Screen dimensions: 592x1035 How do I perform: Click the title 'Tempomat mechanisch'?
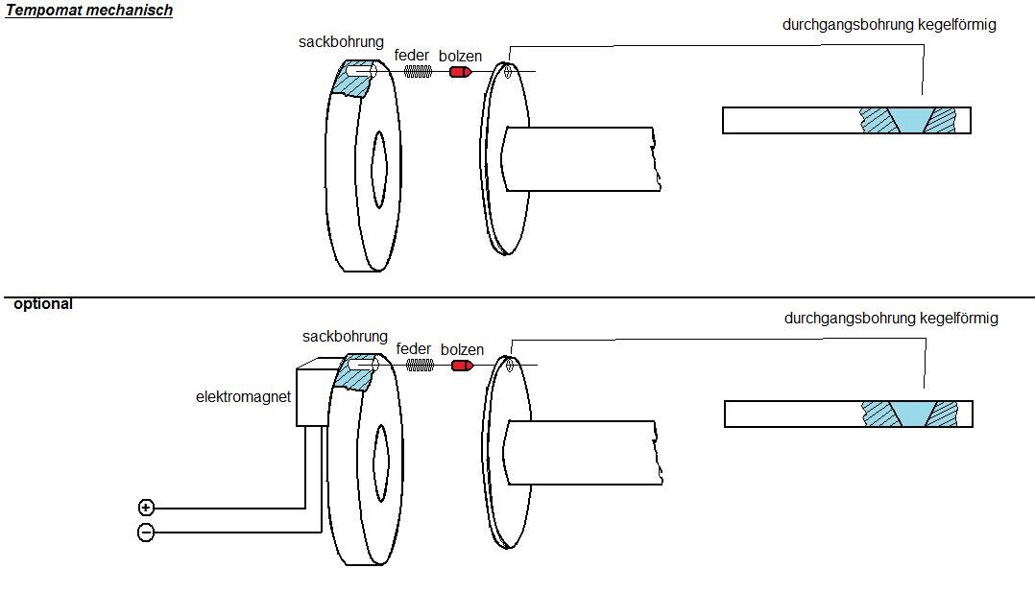(x=89, y=12)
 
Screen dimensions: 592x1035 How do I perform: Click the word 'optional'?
(x=43, y=304)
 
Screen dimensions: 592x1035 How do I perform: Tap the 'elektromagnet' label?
(x=243, y=396)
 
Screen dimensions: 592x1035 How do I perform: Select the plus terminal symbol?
(x=146, y=507)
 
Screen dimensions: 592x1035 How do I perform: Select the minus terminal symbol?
(x=146, y=532)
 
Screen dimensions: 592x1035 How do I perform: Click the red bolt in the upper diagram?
(x=460, y=72)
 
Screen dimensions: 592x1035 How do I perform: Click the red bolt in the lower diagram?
(x=462, y=366)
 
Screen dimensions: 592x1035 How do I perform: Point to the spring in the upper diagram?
(x=417, y=72)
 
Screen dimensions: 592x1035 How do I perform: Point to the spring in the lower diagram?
(x=419, y=366)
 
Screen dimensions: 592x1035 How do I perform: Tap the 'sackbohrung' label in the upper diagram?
(x=341, y=42)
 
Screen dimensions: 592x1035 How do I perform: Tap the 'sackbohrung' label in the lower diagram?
(x=345, y=337)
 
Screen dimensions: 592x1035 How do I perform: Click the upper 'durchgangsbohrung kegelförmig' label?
(x=889, y=25)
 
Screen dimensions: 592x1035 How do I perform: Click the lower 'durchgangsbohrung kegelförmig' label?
(x=891, y=318)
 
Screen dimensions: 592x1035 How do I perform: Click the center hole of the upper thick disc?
(x=378, y=167)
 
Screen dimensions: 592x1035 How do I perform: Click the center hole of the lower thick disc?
(x=380, y=462)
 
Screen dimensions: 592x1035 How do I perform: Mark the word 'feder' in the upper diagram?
(x=412, y=56)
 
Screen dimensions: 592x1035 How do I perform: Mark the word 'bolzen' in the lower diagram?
(x=462, y=349)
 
